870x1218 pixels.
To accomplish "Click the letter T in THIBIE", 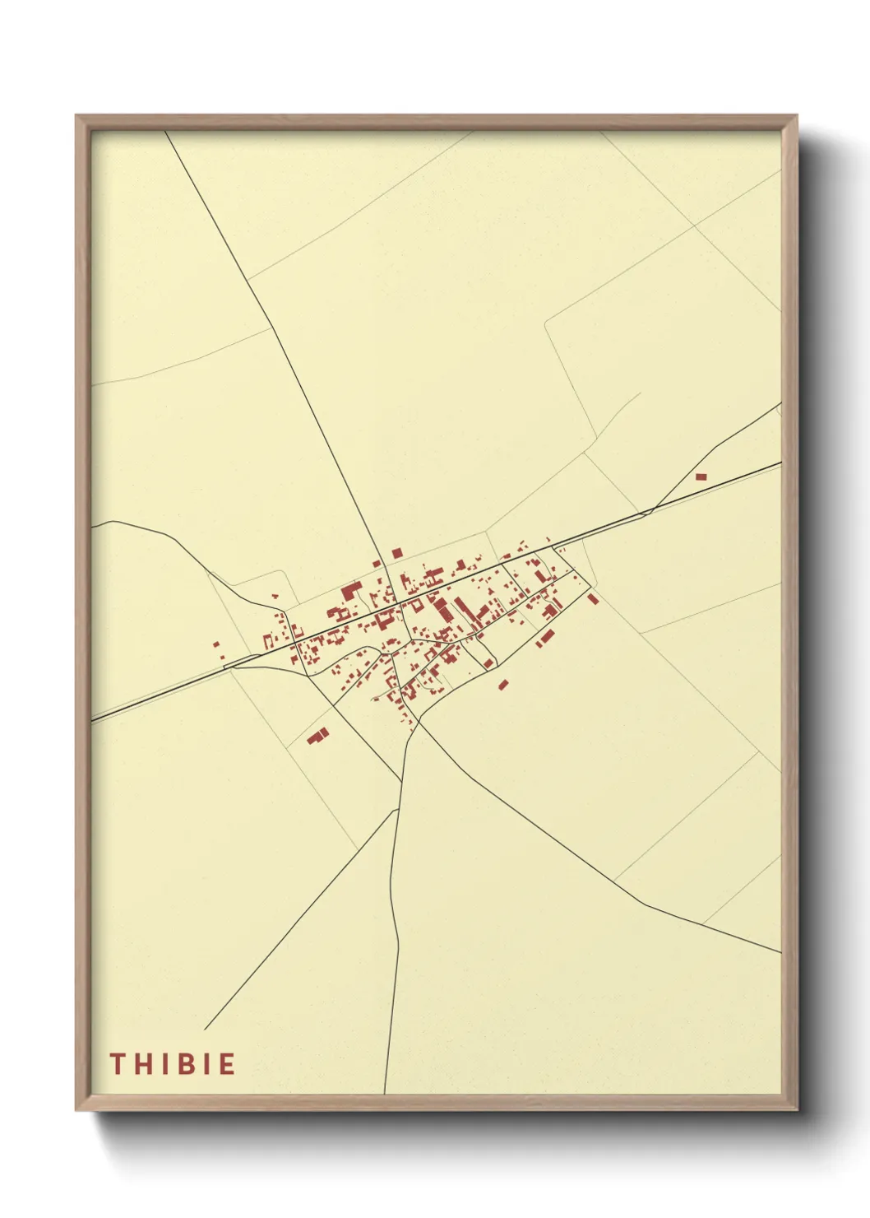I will pyautogui.click(x=117, y=1064).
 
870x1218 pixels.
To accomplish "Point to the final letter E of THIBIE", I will pyautogui.click(x=227, y=1064).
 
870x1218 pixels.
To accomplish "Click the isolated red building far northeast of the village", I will pyautogui.click(x=701, y=477).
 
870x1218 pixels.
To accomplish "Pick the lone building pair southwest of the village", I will pyautogui.click(x=317, y=735).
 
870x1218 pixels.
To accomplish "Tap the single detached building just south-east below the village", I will pyautogui.click(x=503, y=684).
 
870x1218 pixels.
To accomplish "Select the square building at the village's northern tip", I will pyautogui.click(x=397, y=553).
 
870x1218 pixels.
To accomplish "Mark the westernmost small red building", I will pyautogui.click(x=215, y=645).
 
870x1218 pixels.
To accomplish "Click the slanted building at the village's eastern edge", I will pyautogui.click(x=593, y=598).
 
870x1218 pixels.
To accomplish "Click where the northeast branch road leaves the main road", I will pyautogui.click(x=649, y=512).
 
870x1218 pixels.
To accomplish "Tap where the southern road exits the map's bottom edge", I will pyautogui.click(x=384, y=1093).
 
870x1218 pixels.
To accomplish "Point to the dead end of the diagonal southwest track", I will pyautogui.click(x=205, y=1029).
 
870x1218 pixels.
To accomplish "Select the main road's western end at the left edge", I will pyautogui.click(x=92, y=721).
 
